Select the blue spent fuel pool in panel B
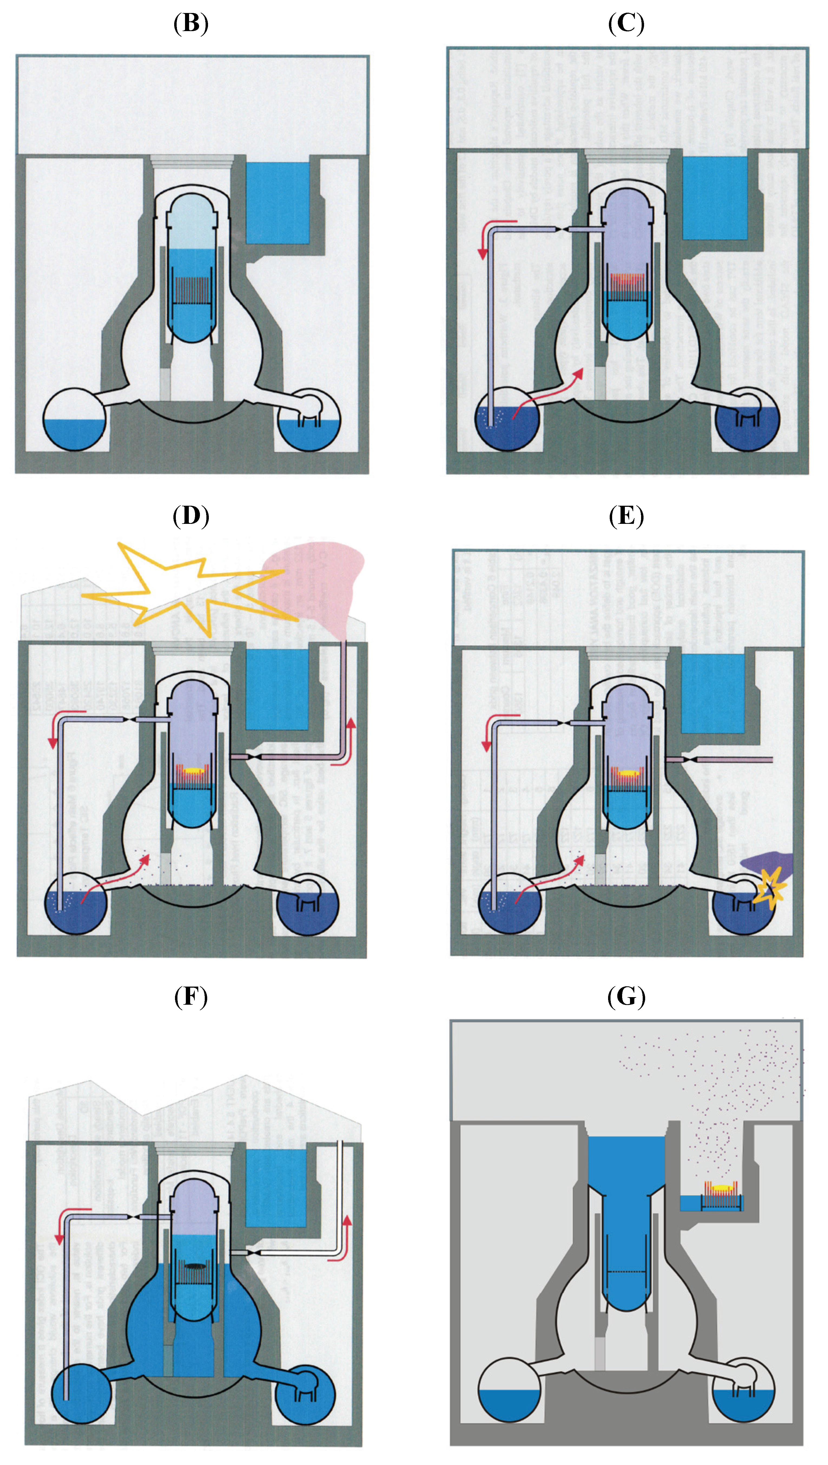(x=277, y=202)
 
